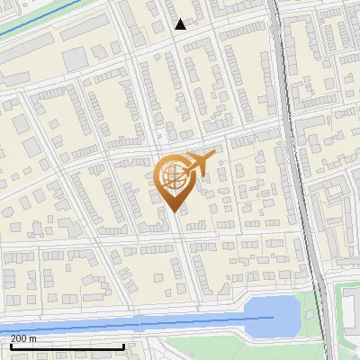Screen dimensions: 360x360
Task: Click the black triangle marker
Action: click(181, 24)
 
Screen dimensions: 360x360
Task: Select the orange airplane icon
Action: click(198, 164)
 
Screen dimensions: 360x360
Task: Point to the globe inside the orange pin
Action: click(173, 175)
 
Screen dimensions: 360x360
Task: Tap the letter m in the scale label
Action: click(33, 339)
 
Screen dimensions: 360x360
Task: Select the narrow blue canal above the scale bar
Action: click(135, 322)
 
